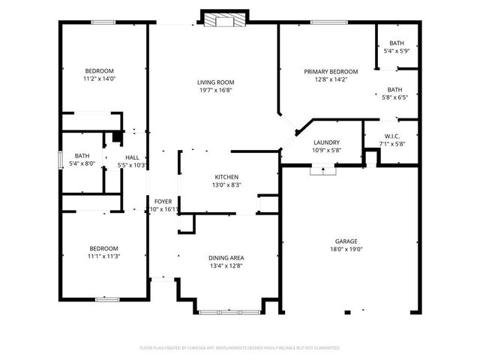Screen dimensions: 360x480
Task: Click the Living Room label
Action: point(216,82)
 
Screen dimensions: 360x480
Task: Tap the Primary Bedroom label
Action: point(331,72)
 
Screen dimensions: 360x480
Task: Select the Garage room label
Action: point(346,241)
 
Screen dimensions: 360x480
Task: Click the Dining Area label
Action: point(225,257)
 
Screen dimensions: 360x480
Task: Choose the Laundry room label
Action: point(326,142)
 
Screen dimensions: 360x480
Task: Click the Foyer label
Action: point(163,202)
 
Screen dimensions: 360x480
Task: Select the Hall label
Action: point(132,157)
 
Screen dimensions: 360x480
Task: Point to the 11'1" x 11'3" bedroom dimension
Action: point(104,256)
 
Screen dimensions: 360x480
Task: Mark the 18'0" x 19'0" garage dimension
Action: point(346,250)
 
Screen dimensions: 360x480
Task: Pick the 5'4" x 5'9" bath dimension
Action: point(396,52)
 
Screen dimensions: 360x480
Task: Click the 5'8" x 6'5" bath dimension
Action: point(394,97)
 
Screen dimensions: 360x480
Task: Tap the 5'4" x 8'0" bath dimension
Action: point(82,164)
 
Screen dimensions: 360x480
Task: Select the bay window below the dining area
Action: point(225,307)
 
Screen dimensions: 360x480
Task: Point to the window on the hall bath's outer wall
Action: point(61,161)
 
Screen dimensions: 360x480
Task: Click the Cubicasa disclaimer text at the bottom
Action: point(240,348)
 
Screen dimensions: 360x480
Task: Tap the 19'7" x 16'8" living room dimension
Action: point(216,91)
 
